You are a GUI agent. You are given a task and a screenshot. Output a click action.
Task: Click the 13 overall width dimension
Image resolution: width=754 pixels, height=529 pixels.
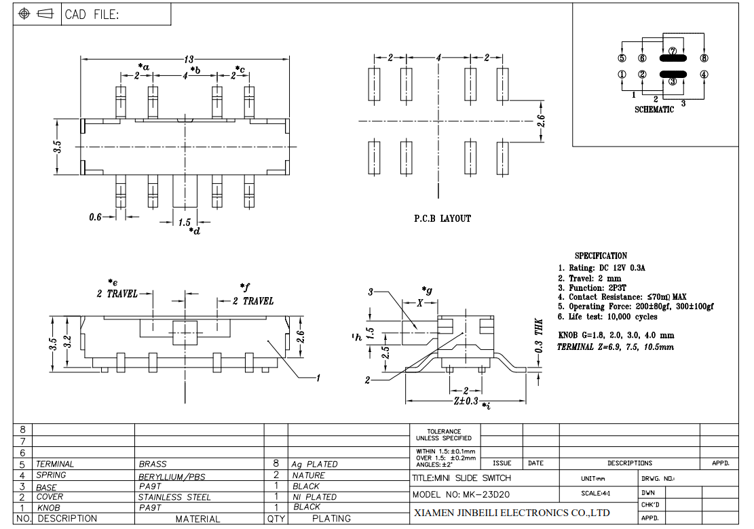point(189,59)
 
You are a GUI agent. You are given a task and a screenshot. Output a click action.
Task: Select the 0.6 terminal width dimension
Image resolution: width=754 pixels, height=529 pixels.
point(95,217)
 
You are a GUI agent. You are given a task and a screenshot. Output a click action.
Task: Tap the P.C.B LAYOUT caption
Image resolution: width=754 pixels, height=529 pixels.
point(442,218)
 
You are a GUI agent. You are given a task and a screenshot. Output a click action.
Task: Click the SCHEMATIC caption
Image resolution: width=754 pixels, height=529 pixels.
point(654,110)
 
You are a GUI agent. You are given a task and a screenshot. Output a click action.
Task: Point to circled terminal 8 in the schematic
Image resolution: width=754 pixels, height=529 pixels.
point(704,58)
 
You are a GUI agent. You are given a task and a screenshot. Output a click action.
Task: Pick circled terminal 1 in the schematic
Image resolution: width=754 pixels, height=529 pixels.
point(622,75)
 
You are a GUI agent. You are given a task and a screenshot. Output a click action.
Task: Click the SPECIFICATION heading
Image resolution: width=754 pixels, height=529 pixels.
point(601,256)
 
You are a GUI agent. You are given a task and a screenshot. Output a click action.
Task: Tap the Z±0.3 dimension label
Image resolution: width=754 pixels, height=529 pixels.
point(466,401)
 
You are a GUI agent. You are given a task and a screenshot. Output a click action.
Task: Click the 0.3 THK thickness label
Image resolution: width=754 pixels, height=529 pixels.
point(539,336)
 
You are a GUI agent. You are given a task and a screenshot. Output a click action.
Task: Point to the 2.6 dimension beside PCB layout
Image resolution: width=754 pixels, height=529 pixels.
point(542,121)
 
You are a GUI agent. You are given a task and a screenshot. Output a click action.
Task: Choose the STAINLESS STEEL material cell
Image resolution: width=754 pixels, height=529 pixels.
point(174,497)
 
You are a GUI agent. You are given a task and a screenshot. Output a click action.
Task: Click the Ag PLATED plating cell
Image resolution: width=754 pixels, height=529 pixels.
point(314,464)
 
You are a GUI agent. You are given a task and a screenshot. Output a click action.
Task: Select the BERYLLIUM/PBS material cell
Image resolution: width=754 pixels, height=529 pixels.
point(172,477)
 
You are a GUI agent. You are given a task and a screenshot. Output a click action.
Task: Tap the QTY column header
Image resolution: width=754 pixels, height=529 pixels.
point(276,519)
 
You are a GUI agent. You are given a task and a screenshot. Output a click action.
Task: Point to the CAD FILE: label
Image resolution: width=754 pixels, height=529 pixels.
point(92,14)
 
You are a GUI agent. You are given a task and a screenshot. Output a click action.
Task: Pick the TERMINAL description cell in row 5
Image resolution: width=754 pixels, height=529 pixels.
point(55,464)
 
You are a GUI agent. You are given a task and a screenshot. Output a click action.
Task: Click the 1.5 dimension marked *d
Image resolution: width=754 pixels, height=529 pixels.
point(184,222)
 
